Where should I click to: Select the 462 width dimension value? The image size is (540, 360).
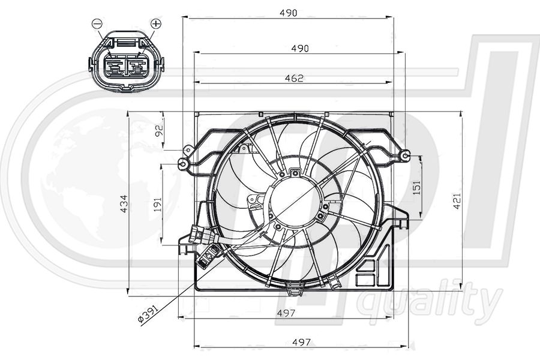click(294, 78)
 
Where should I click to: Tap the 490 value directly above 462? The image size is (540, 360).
click(299, 48)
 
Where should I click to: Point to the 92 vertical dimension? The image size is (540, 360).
click(160, 131)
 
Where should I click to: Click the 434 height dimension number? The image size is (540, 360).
click(124, 203)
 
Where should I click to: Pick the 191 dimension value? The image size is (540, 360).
click(158, 205)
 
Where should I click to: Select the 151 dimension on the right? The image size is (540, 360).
click(416, 187)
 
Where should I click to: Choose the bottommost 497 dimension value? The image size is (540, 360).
click(301, 342)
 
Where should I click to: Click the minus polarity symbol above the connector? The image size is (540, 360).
click(97, 23)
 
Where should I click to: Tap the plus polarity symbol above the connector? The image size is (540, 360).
click(155, 23)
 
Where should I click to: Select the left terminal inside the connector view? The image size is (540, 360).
click(113, 65)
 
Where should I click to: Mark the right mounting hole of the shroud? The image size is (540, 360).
click(406, 157)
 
